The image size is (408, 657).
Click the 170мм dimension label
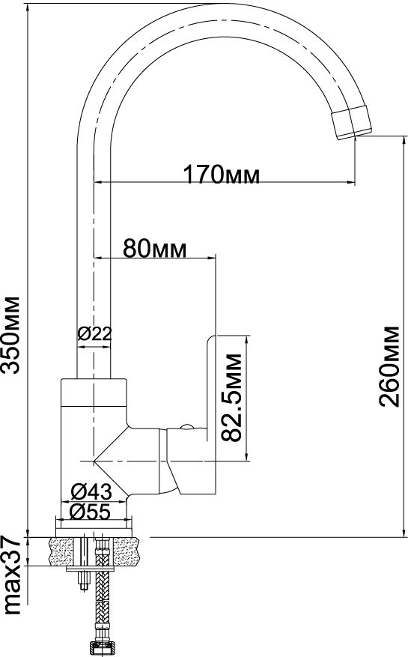[222, 175]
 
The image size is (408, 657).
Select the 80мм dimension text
[155, 249]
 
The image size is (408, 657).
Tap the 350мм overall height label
[10, 335]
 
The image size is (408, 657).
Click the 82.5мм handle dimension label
[231, 398]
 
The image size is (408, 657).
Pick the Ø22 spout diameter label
[94, 334]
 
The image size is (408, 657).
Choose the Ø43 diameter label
[92, 491]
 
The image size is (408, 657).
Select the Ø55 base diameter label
[91, 511]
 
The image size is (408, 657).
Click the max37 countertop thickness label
[11, 575]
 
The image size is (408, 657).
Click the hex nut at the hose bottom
[102, 649]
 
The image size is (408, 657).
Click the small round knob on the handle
[186, 426]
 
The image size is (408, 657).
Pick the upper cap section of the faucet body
[94, 393]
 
